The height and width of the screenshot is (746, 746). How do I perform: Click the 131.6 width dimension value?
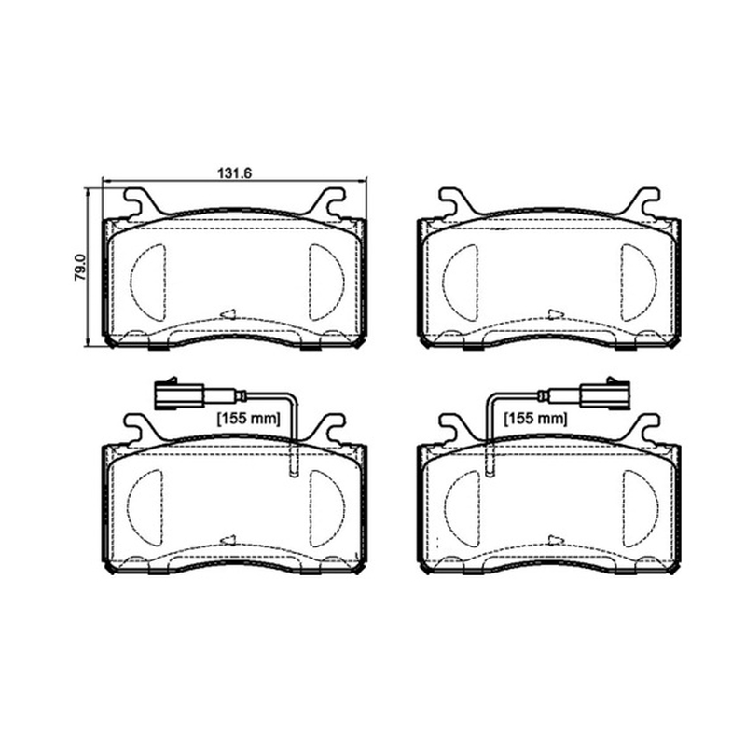234,173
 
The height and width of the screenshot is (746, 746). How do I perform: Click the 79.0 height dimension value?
80,267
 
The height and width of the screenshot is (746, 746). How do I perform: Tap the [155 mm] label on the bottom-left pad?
249,419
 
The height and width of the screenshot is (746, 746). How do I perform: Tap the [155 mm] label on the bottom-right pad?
535,419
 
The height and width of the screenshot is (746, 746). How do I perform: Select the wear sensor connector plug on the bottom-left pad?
179,394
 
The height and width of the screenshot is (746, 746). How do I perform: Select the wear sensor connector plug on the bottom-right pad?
604,394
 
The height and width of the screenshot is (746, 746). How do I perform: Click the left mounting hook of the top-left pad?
141,202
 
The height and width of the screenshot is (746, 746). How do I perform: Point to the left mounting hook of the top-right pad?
456,202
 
